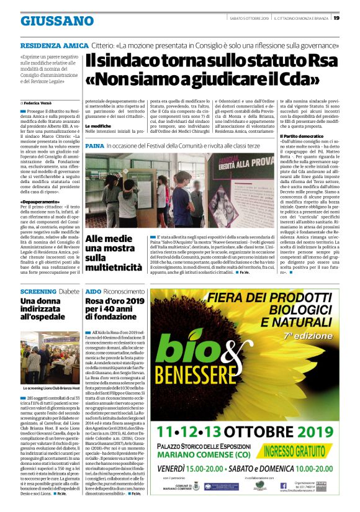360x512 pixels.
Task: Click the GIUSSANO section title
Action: [57, 20]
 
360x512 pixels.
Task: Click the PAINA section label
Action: [94, 145]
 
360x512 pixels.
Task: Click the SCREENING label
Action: [38, 290]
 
